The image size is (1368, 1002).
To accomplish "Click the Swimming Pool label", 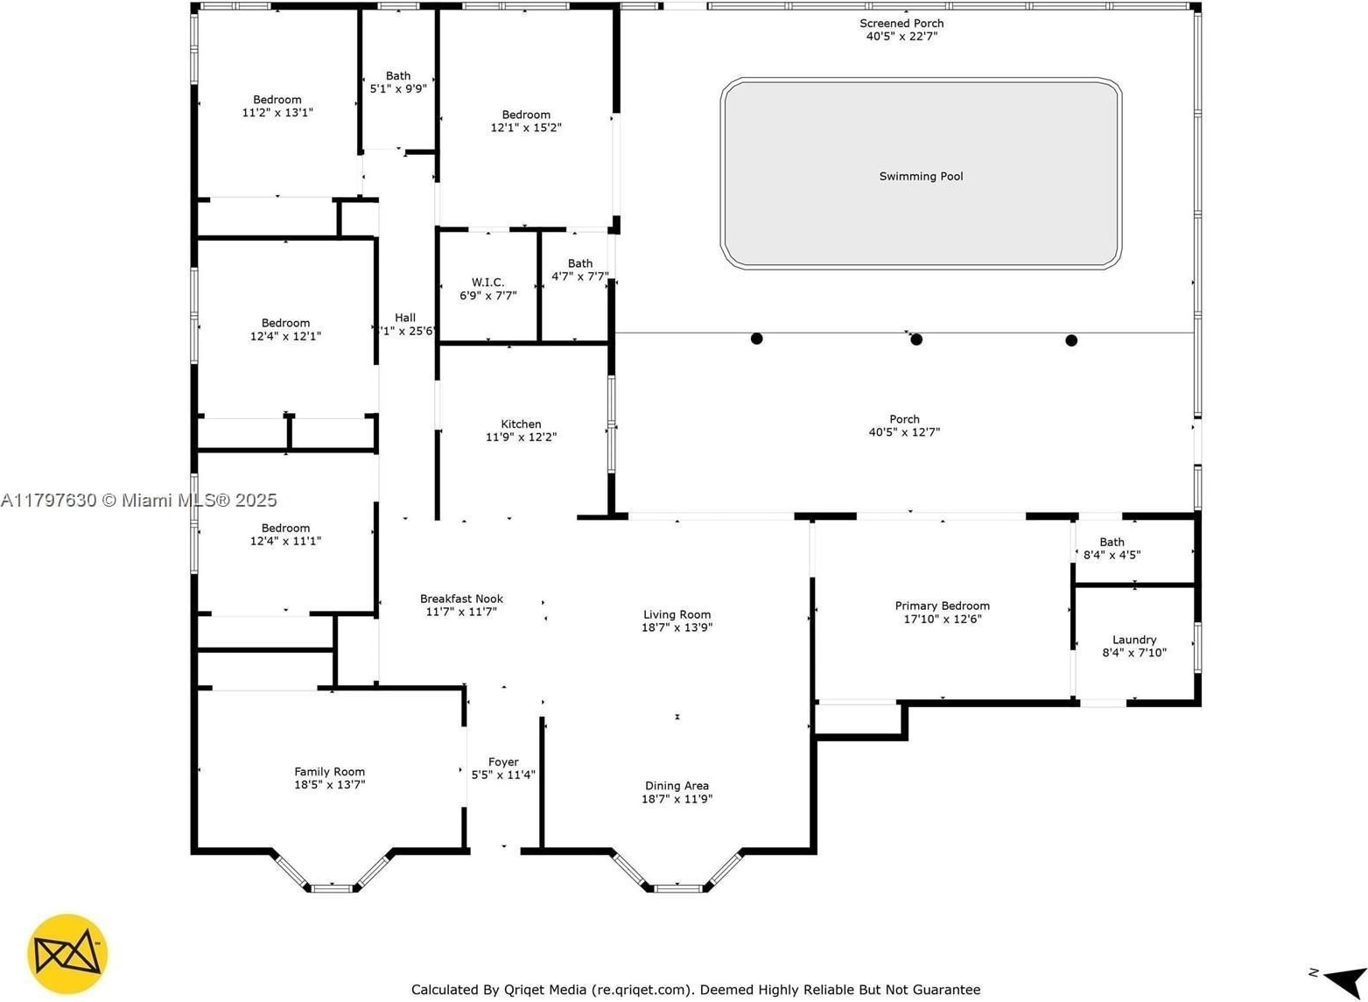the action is coord(921,177).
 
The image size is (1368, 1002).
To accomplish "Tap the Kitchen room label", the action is coord(521,424).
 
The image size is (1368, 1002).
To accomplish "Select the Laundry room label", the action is coord(1134,640).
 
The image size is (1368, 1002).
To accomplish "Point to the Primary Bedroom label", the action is coord(943,606).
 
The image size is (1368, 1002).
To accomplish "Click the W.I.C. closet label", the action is coord(488,282).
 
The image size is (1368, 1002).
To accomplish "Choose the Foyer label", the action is coord(503,762).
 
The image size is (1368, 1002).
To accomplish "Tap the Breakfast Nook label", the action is coord(462,599).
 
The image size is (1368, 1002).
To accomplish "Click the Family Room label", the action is coord(330,772).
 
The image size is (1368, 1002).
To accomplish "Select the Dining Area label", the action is coord(677,786).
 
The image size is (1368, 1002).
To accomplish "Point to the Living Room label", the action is coord(677,615).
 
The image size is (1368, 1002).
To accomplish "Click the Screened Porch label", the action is coord(901,24).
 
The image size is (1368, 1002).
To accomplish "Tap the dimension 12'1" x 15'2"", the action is coord(526,128).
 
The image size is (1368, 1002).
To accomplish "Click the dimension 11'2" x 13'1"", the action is coord(277,112).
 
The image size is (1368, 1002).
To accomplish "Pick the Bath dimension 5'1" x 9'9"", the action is coord(398,88).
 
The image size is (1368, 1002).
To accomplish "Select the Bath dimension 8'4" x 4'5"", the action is coord(1112,555).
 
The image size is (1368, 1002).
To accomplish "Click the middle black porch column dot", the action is coord(916,340).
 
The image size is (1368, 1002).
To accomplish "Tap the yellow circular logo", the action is coord(67,955).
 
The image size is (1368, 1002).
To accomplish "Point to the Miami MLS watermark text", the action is coord(138,500).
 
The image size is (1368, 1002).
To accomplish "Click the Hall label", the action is coord(405,318).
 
